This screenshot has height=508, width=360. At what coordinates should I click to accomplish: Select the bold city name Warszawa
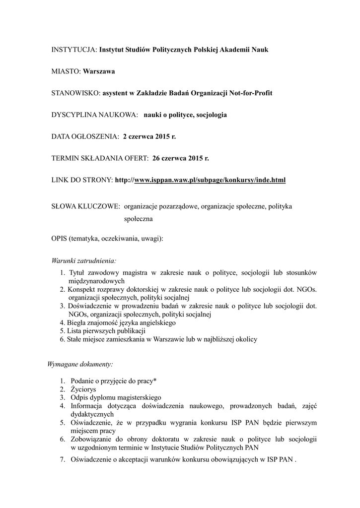[99, 71]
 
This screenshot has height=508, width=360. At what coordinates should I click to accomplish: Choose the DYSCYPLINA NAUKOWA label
[94, 115]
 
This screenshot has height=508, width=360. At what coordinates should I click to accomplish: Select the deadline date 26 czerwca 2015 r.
[181, 158]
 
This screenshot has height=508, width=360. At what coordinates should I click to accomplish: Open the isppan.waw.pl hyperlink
[210, 180]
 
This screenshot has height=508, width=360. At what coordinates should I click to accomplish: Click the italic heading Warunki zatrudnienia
[84, 261]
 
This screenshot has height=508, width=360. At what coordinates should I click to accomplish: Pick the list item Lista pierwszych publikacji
[106, 331]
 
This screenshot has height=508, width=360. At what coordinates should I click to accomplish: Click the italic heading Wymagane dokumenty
[80, 365]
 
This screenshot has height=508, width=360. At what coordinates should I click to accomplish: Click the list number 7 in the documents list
[63, 459]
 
